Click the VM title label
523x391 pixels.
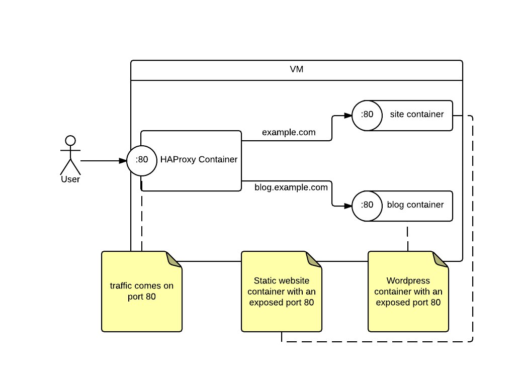[296, 70]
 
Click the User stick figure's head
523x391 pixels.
[70, 140]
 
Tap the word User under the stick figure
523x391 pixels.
[70, 179]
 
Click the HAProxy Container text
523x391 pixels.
[199, 160]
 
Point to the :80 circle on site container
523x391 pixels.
[367, 115]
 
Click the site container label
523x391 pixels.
[416, 115]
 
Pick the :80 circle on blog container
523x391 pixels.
[367, 205]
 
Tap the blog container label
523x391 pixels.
[415, 205]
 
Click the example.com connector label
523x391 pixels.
[289, 133]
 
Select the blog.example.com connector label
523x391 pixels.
[291, 187]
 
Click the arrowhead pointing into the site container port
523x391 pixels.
[347, 116]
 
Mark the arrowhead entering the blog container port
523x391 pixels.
[347, 206]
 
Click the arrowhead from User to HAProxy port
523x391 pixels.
[123, 161]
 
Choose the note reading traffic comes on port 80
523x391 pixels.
[142, 291]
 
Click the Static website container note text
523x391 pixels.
[282, 291]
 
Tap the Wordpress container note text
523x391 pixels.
[408, 291]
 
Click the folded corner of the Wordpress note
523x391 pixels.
[441, 259]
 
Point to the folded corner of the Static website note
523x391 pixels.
[314, 259]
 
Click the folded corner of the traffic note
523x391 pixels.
[175, 259]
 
